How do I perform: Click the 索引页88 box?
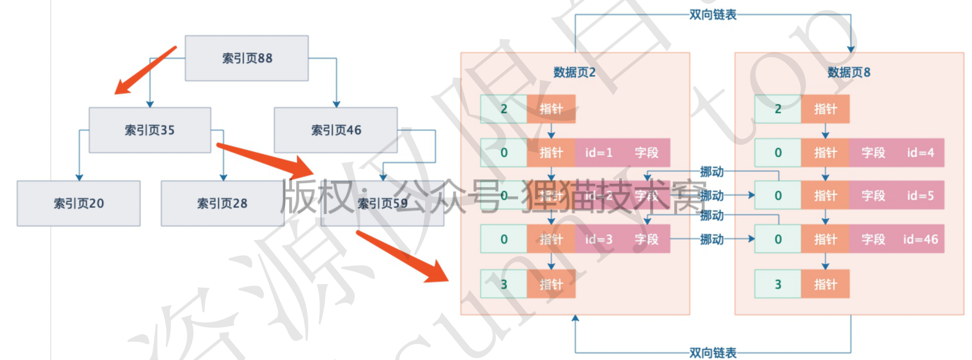(246, 58)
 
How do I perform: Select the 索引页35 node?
(150, 130)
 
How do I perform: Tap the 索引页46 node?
(336, 130)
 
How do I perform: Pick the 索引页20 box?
(79, 203)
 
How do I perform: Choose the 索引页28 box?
(222, 203)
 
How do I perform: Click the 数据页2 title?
(574, 72)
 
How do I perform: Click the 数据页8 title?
(849, 72)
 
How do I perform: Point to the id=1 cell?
(599, 153)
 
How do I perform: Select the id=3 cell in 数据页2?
(599, 239)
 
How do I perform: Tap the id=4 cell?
(920, 153)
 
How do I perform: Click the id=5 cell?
(920, 196)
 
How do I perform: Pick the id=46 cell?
(920, 239)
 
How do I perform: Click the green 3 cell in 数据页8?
(778, 284)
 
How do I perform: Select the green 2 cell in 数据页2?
(504, 109)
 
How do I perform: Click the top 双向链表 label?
(712, 15)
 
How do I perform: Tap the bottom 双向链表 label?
(712, 353)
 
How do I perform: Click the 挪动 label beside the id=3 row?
(712, 239)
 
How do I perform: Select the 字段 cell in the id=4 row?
(873, 153)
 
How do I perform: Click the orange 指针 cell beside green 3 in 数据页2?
(551, 284)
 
